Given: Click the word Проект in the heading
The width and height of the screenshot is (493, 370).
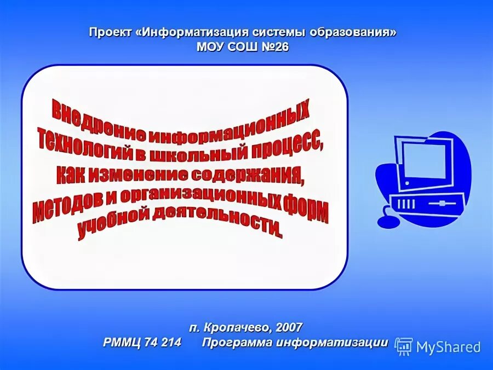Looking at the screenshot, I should (x=111, y=32).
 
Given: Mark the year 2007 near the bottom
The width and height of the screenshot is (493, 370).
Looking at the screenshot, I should (x=289, y=327).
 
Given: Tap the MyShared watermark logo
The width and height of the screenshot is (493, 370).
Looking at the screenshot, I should (x=438, y=346).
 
